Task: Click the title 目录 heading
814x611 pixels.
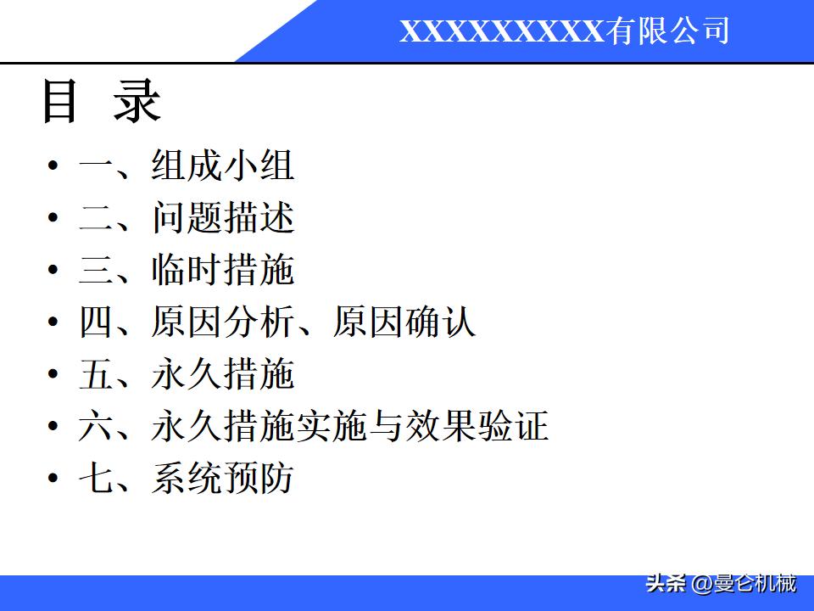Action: [101, 101]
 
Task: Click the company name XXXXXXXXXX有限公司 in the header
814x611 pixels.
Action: [565, 31]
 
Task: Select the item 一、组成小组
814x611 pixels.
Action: [187, 165]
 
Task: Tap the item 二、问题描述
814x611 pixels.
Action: [187, 217]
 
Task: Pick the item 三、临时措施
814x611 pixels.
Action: [187, 269]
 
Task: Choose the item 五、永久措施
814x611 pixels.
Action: [187, 373]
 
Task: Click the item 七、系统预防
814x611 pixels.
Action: [187, 478]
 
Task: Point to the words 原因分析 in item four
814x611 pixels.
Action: [223, 322]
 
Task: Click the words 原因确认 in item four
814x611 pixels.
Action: [404, 322]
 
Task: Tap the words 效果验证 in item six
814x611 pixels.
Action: [477, 426]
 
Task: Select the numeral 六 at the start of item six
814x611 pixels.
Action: [95, 426]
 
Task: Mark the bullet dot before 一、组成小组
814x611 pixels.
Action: [53, 165]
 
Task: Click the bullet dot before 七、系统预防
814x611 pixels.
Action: [53, 478]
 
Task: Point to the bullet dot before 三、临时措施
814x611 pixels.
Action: [53, 269]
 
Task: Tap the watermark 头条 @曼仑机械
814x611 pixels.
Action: [721, 584]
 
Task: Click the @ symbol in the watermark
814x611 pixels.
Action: [702, 584]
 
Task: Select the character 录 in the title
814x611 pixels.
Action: [137, 101]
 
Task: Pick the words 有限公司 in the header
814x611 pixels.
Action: [667, 31]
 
